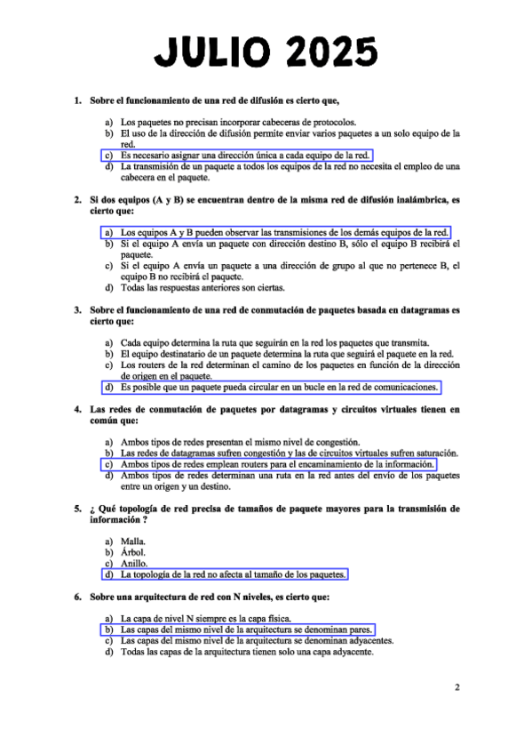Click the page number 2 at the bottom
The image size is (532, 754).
tap(457, 686)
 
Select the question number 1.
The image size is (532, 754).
tap(78, 100)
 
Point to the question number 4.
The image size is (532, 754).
tap(78, 409)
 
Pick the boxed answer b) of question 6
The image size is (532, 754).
tap(226, 629)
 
